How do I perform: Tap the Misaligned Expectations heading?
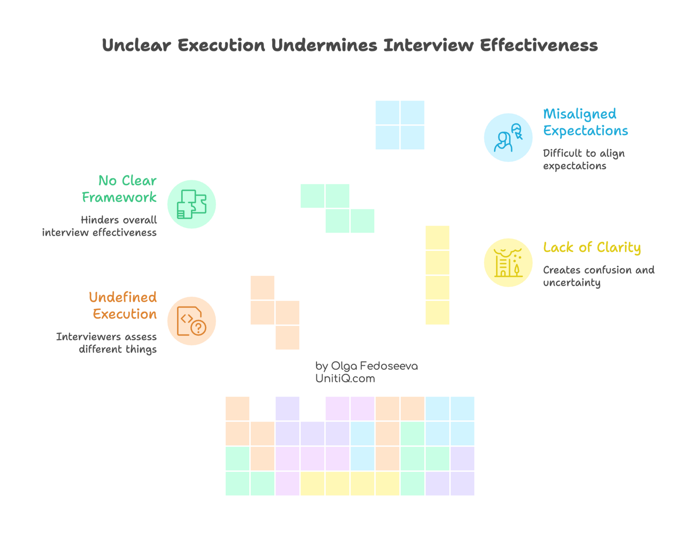tap(585, 122)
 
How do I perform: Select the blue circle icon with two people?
tap(508, 137)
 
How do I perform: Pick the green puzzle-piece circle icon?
tap(192, 204)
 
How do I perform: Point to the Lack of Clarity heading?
tap(592, 247)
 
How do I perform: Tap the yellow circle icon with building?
tap(508, 262)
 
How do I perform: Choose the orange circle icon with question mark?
tap(192, 321)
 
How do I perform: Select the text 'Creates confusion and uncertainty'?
tap(598, 276)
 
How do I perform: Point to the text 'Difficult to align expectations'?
tap(583, 159)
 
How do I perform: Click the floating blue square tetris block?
tap(400, 125)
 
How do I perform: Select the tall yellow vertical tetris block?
tap(437, 275)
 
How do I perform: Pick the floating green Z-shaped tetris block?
tap(337, 208)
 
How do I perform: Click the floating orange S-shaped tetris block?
tap(275, 313)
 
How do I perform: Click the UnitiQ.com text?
tap(345, 379)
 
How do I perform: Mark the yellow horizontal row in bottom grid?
tap(350, 484)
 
